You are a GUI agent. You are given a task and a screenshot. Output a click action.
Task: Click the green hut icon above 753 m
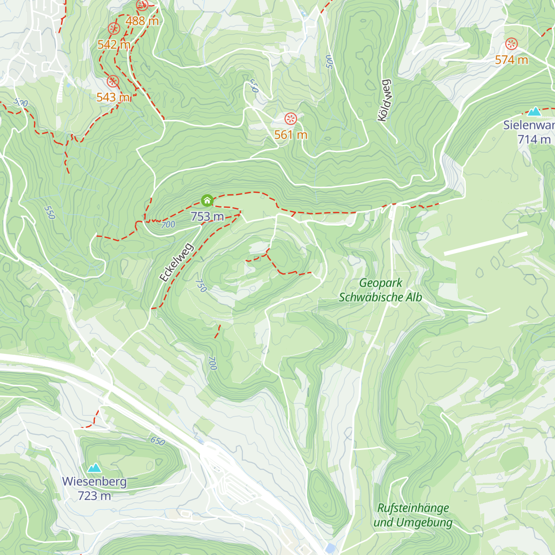[207, 200]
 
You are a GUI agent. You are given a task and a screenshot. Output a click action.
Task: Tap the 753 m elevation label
[207, 216]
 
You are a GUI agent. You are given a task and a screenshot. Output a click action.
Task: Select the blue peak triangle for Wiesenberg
[94, 468]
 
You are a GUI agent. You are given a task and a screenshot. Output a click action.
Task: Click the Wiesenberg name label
[94, 481]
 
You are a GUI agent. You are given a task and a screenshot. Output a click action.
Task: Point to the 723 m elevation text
[94, 496]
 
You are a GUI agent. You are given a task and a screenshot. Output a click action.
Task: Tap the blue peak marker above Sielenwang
[534, 111]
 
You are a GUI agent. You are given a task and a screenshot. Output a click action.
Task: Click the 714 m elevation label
[534, 139]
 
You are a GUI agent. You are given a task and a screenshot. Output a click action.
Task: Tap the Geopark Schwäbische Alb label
[380, 290]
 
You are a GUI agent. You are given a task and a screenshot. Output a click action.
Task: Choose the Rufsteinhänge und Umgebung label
[413, 515]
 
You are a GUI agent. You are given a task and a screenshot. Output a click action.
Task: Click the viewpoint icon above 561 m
[290, 118]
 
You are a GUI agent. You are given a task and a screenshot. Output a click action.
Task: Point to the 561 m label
[290, 135]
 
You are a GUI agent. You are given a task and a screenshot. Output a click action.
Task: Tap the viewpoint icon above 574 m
[511, 44]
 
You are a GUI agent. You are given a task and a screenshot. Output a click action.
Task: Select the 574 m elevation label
[511, 60]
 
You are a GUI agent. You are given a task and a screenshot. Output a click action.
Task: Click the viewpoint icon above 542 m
[113, 29]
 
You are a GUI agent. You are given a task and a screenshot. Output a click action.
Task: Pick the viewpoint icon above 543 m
[113, 82]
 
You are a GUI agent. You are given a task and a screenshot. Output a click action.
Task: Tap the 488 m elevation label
[142, 21]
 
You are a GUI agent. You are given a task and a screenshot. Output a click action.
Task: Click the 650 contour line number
[158, 441]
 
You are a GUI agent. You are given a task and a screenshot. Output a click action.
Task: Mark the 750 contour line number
[201, 285]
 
